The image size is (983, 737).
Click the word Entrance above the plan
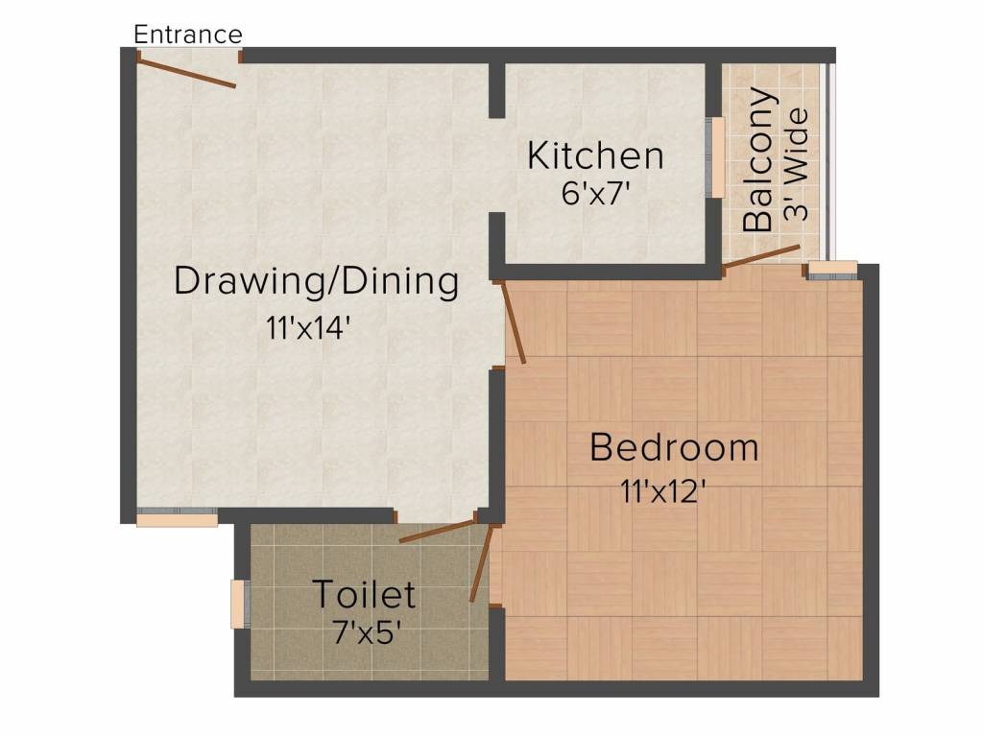(188, 35)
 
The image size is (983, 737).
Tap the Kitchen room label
(595, 155)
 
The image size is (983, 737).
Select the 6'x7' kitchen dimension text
(595, 193)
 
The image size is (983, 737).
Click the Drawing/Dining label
(317, 281)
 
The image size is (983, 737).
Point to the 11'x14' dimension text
(307, 327)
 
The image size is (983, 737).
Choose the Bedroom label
(675, 447)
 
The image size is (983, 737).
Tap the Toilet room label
(364, 594)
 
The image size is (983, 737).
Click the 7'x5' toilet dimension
(367, 632)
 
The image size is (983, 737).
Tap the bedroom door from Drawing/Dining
(512, 321)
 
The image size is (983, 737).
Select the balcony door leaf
(761, 259)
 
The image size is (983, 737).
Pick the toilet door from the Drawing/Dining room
(438, 531)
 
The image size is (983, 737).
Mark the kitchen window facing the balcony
(716, 157)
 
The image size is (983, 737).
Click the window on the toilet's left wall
(240, 605)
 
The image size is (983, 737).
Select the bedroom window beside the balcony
(832, 270)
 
